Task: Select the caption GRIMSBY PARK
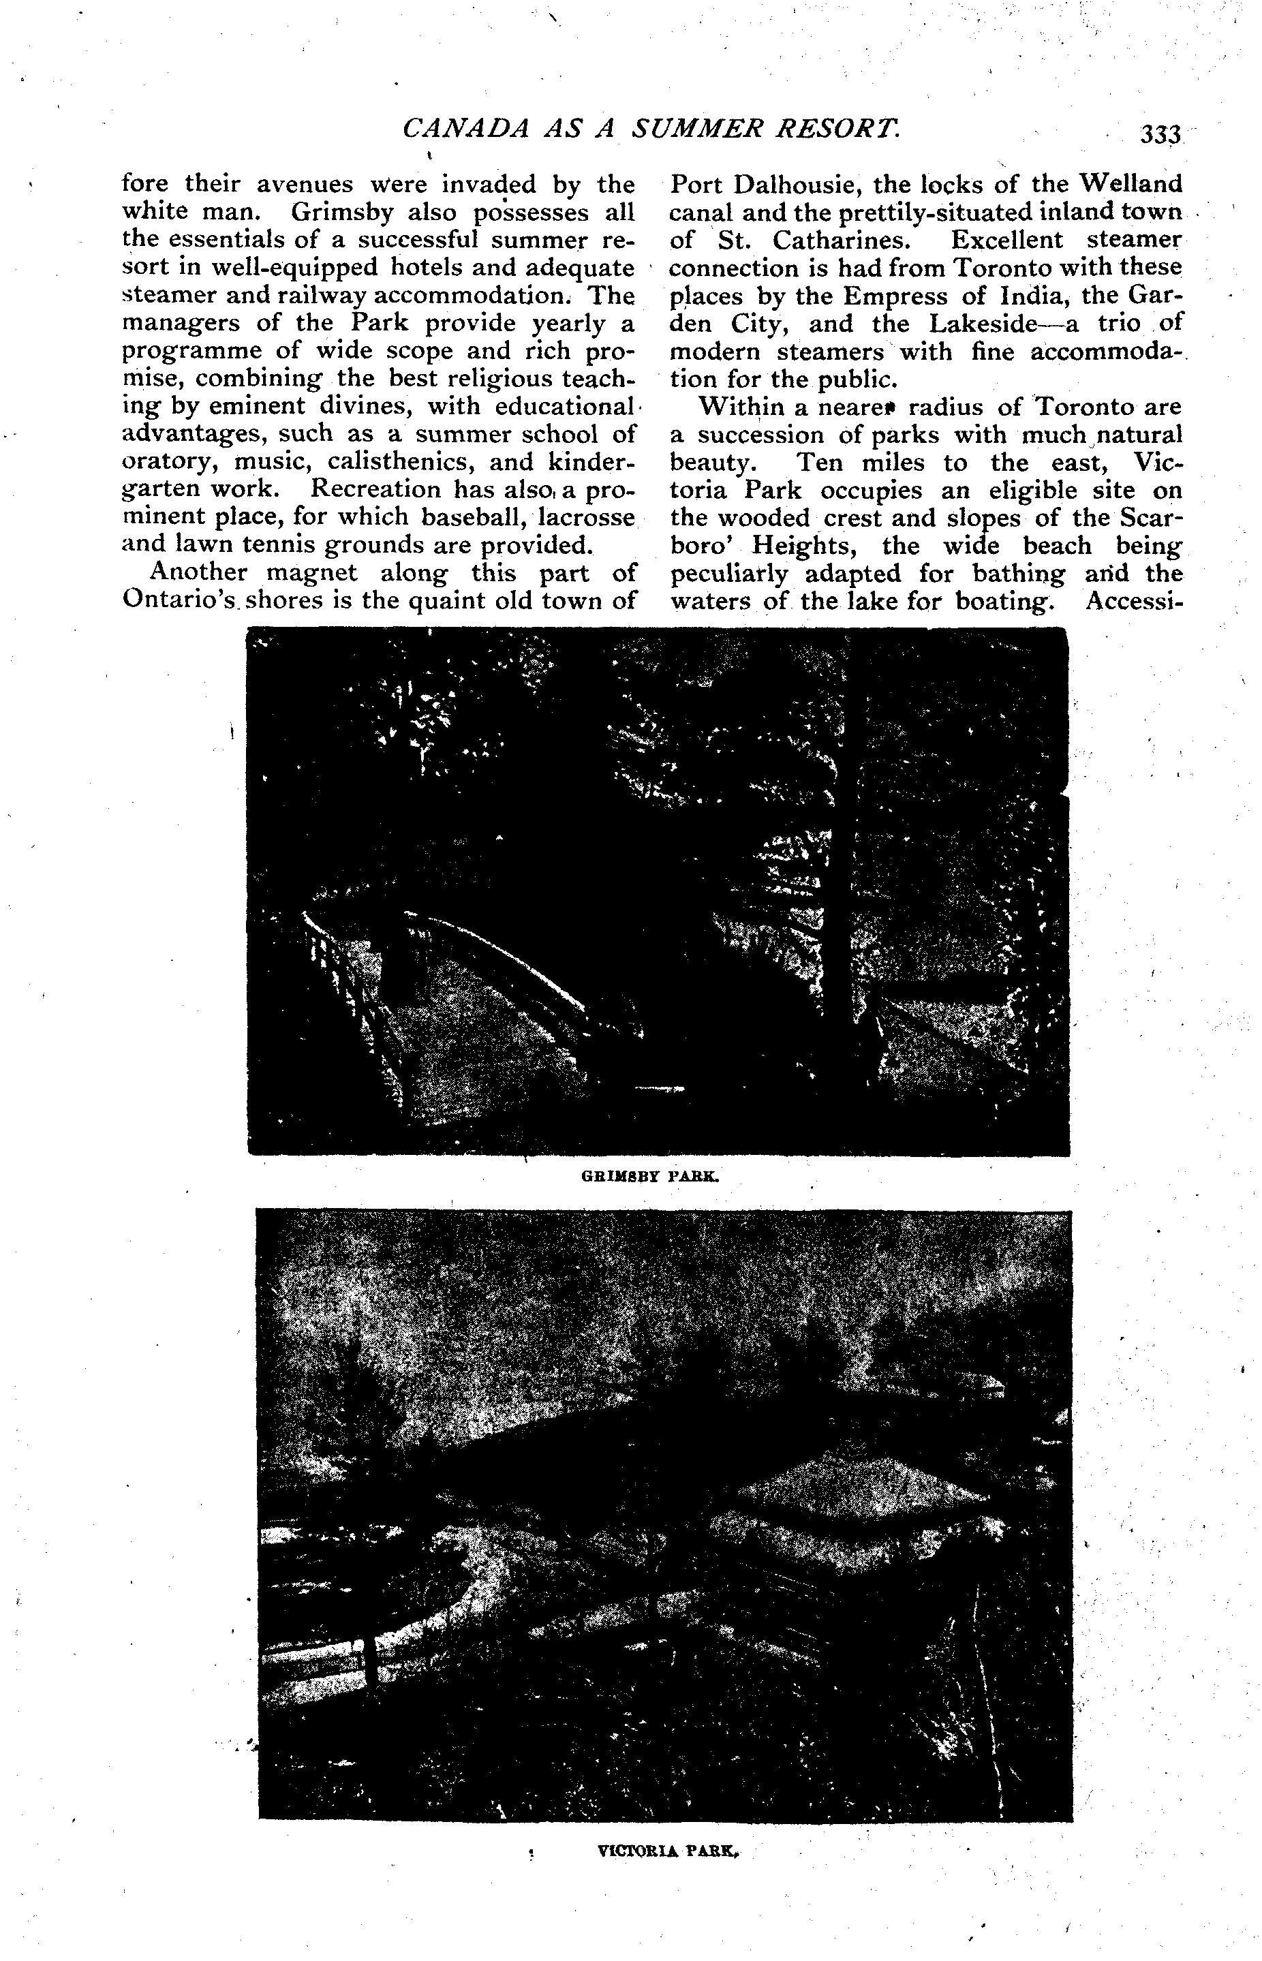point(650,1177)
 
